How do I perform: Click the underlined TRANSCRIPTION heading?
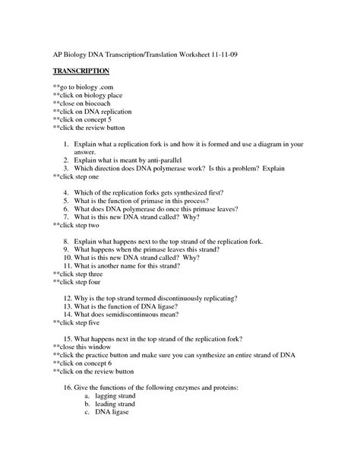pyautogui.click(x=81, y=71)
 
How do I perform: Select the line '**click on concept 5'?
pyautogui.click(x=84, y=119)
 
